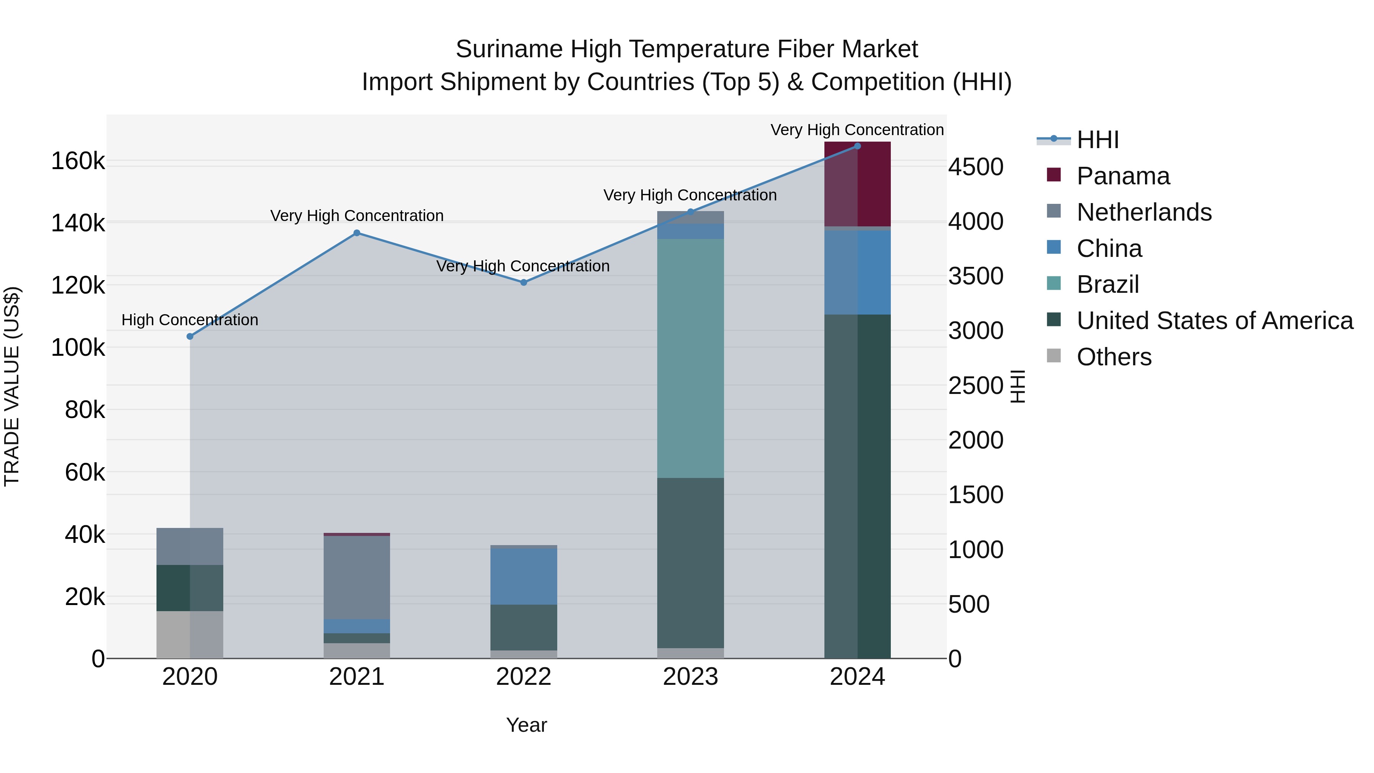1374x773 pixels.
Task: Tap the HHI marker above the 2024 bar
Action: [x=857, y=146]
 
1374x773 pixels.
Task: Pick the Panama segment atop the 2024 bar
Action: [x=858, y=184]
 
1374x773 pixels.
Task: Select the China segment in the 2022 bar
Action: [x=524, y=576]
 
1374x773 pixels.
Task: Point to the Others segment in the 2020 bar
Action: [x=190, y=634]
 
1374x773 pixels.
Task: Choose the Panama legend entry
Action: [x=1123, y=176]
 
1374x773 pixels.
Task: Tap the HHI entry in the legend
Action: [x=1098, y=140]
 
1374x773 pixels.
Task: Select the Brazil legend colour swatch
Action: [x=1054, y=284]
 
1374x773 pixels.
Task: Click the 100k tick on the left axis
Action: [x=78, y=348]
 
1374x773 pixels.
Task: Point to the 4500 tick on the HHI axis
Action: [x=976, y=167]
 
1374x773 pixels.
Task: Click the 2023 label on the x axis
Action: [x=690, y=677]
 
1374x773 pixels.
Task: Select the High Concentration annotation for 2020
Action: [x=190, y=320]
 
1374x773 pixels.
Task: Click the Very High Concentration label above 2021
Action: [x=357, y=216]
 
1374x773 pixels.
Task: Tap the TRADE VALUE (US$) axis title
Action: [x=12, y=386]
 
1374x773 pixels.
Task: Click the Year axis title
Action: [x=526, y=725]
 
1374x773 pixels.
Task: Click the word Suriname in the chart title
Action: [x=510, y=49]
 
